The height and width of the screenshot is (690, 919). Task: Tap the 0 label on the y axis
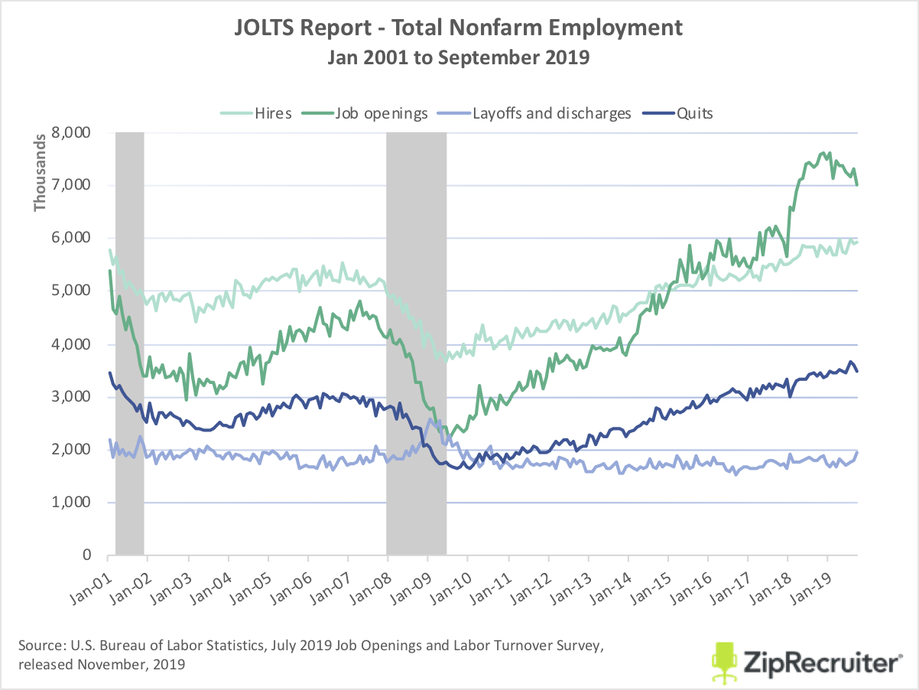pyautogui.click(x=88, y=556)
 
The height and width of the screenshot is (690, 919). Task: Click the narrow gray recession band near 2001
pyautogui.click(x=129, y=344)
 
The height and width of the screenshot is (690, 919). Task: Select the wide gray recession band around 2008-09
pyautogui.click(x=416, y=344)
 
